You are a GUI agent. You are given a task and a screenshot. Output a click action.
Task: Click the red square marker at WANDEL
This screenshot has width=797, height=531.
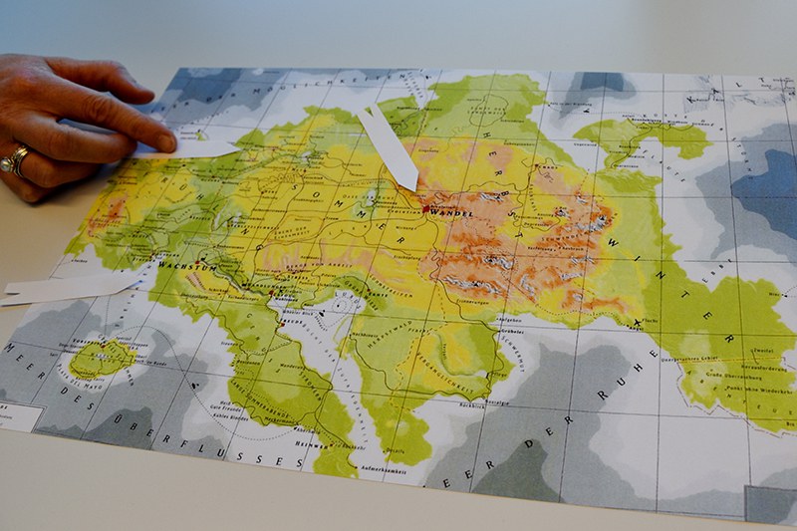[425, 208]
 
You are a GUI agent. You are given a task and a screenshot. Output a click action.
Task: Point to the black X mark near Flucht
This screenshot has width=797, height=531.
[638, 321]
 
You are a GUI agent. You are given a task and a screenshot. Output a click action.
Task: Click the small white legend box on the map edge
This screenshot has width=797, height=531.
[20, 417]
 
